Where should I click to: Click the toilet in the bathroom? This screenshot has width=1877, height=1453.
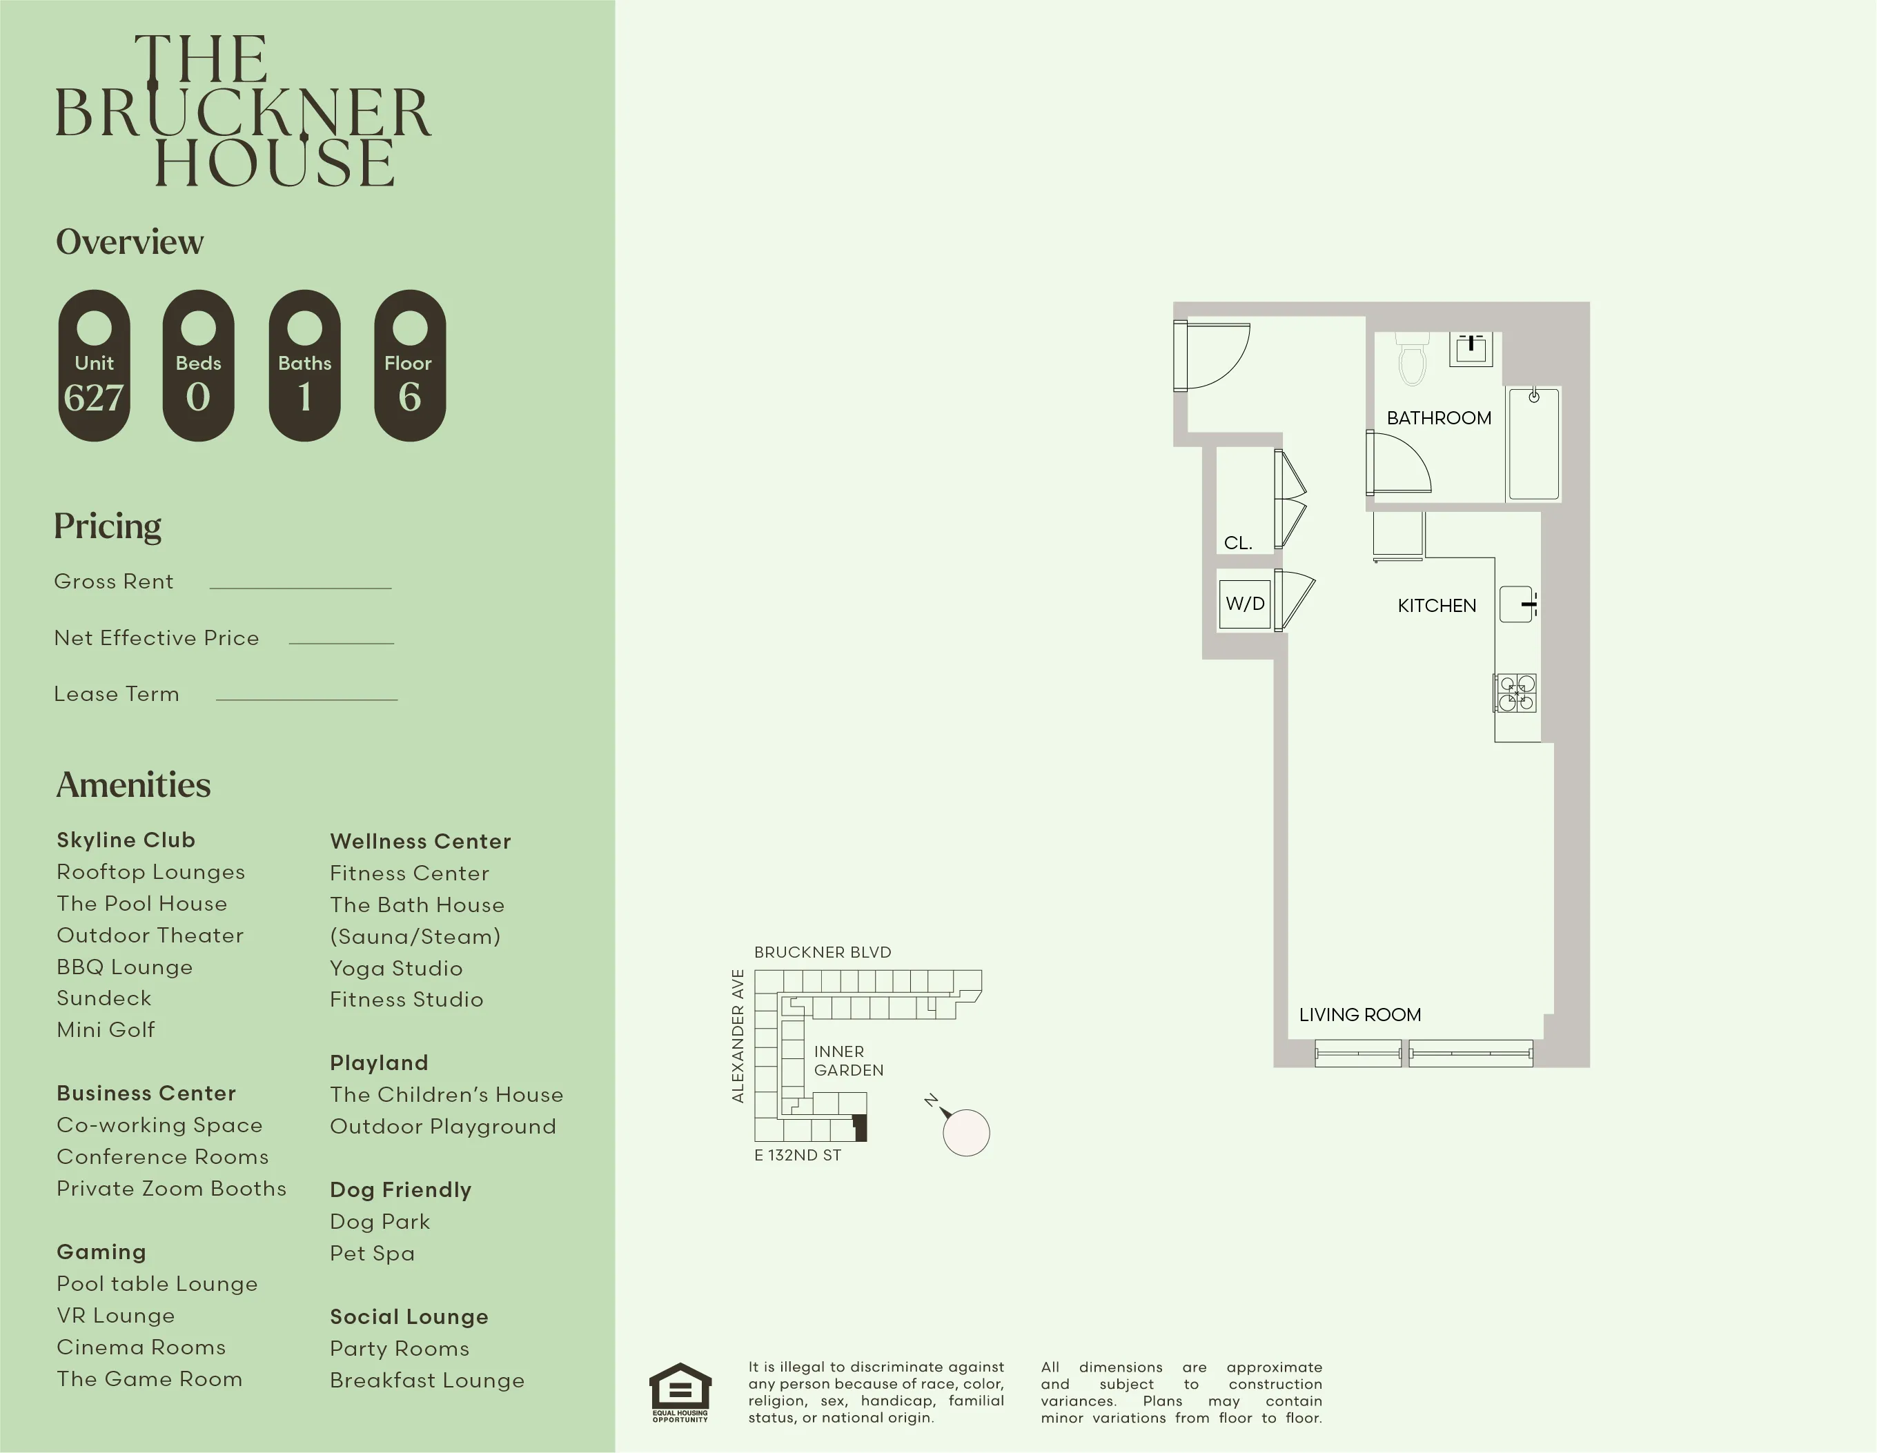click(1412, 359)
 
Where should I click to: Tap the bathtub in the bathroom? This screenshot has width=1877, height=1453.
click(1533, 444)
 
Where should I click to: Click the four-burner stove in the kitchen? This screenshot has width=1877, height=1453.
click(1516, 693)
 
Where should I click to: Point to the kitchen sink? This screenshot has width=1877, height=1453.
click(1517, 604)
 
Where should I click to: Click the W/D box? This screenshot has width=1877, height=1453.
click(1244, 604)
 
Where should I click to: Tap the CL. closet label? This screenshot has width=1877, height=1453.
click(1237, 543)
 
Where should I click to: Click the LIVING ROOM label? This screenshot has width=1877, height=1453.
click(1359, 1015)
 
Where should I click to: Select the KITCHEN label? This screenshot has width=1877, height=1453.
click(1436, 606)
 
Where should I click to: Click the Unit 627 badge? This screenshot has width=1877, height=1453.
click(94, 366)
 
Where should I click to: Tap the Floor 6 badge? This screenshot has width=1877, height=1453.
click(410, 366)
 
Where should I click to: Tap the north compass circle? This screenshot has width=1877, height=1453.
click(966, 1132)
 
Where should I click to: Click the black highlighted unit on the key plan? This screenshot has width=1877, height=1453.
click(859, 1127)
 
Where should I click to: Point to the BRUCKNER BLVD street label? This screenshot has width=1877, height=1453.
click(823, 952)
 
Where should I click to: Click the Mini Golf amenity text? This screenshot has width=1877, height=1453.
click(106, 1029)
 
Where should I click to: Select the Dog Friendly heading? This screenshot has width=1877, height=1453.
click(400, 1189)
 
